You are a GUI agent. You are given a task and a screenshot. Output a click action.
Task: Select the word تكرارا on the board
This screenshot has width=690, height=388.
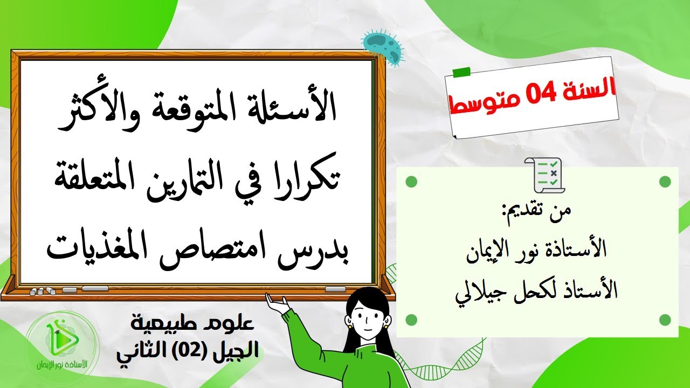(314, 179)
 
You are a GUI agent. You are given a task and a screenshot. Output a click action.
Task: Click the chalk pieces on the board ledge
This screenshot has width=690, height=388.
(43, 291)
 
